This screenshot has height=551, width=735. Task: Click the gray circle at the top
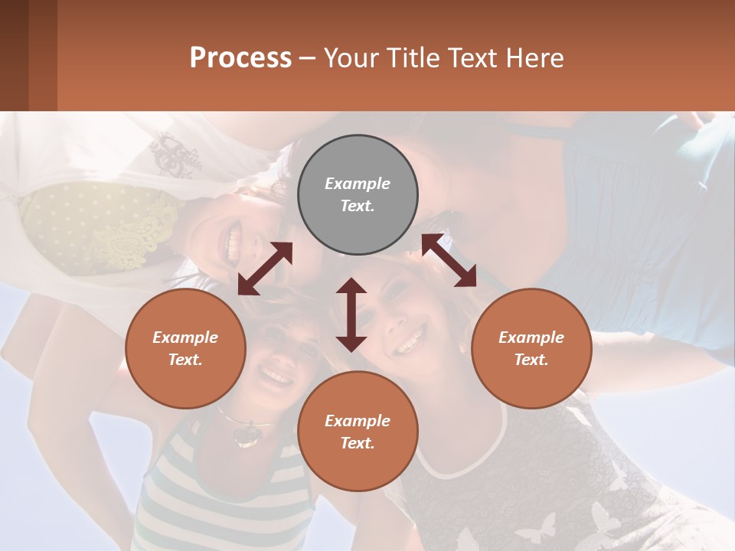pos(358,194)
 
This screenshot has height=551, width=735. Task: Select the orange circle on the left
pos(185,348)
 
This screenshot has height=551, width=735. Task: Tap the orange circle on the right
pos(531,348)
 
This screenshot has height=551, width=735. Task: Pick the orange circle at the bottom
pos(358,432)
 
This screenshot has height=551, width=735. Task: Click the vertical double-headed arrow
pos(351,315)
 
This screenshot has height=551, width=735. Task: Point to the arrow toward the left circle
pos(265,269)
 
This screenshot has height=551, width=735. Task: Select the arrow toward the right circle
pos(449,260)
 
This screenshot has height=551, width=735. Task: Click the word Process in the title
pos(240,57)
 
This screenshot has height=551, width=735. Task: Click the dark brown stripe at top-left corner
pos(14,55)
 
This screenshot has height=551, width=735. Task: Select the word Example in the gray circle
pos(358,184)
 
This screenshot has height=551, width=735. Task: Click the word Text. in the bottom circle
pos(358,443)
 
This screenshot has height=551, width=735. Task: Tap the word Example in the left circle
pos(185,337)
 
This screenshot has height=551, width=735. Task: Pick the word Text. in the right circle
pos(531,360)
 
